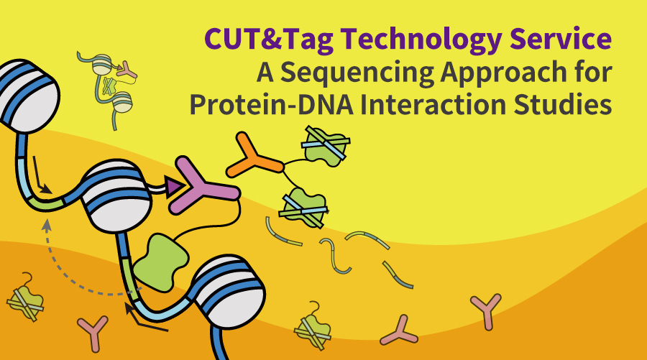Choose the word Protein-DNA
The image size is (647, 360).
271,105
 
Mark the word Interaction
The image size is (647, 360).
433,105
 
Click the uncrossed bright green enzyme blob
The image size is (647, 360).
161,262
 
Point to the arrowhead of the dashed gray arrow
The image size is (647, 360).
47,225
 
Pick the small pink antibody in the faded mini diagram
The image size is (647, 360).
127,70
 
